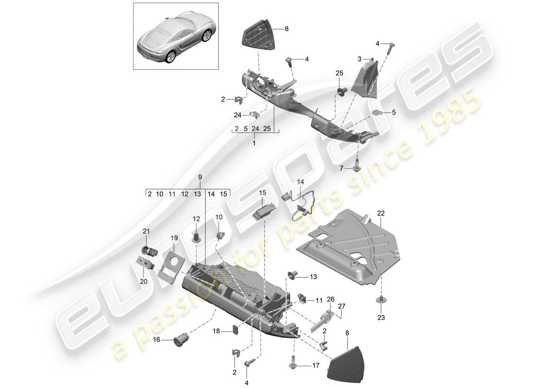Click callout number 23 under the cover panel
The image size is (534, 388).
point(380,318)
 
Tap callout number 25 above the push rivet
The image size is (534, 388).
point(338,73)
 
